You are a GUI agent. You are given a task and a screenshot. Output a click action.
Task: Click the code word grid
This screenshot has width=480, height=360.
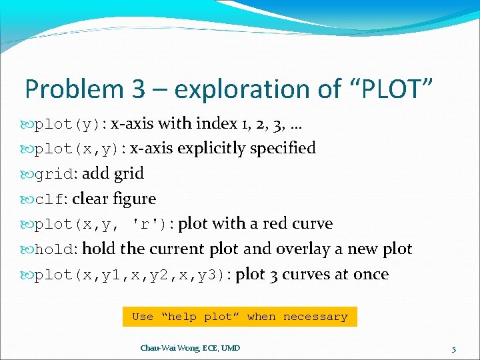(55, 174)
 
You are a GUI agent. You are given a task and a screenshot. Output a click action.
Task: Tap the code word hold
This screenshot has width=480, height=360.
(55, 249)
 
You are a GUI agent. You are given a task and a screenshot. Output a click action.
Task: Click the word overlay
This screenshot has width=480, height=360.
(301, 249)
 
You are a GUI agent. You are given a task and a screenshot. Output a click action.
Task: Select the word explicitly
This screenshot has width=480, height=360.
(213, 149)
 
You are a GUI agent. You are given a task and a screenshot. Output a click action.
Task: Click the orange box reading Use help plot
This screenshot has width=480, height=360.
(240, 317)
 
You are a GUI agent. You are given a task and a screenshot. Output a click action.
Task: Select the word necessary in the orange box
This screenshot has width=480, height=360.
(315, 317)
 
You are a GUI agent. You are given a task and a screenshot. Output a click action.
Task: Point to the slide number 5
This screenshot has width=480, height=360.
(453, 349)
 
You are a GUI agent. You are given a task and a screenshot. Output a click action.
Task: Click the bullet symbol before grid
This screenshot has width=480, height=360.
(27, 174)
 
